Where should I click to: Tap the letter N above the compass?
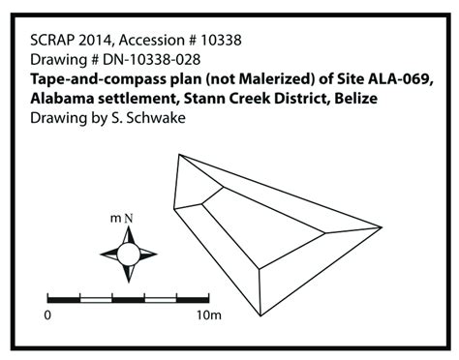point(128,219)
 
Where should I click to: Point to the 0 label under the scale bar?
point(47,315)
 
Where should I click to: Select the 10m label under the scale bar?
point(210,315)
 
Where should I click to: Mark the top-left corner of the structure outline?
point(180,154)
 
